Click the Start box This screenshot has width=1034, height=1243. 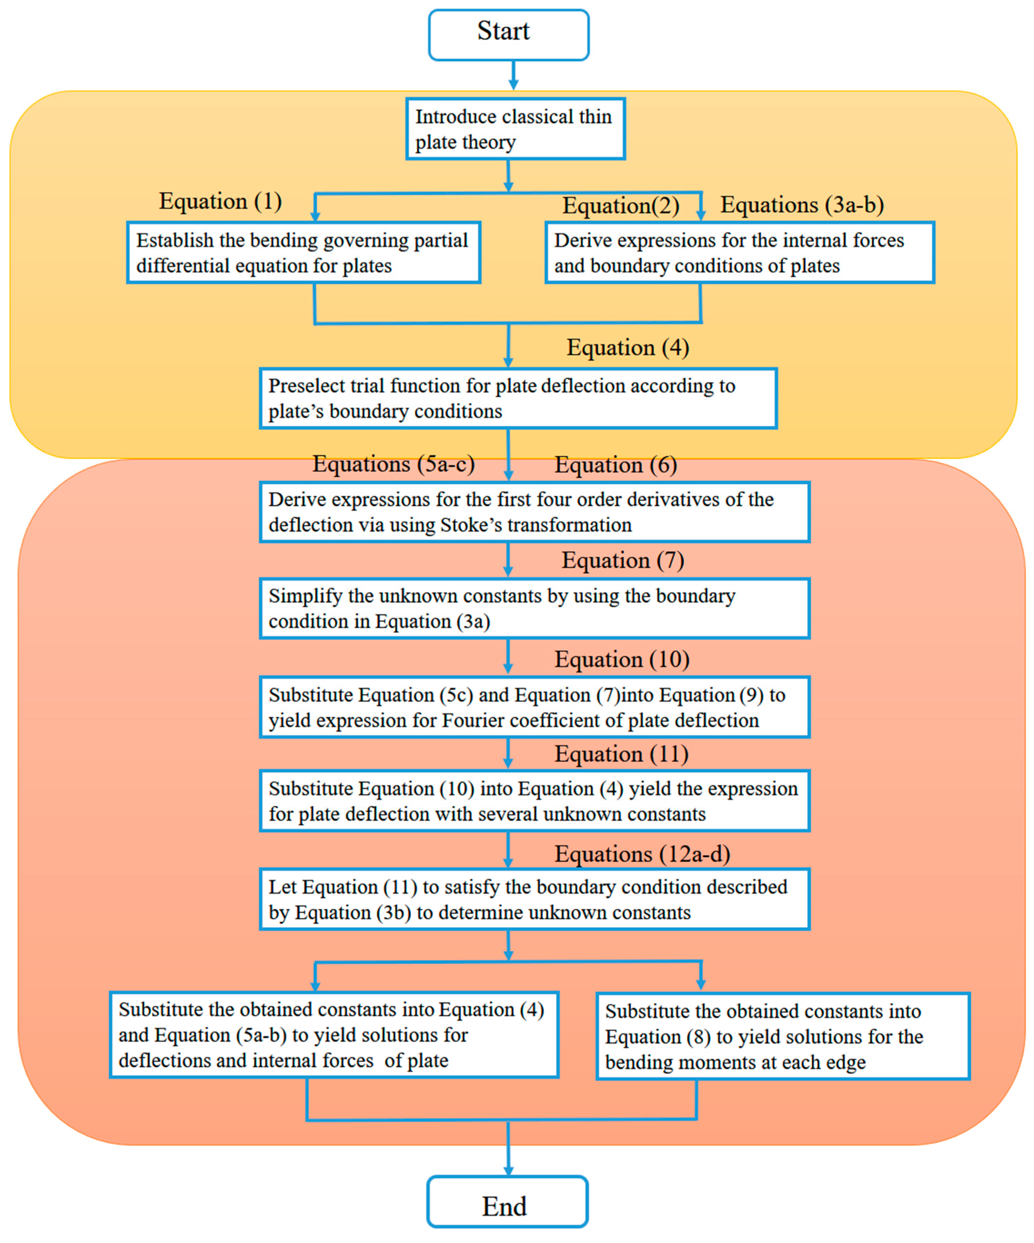(508, 34)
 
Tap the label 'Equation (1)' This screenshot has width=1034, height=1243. (220, 201)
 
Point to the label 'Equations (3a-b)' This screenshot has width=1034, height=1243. (802, 205)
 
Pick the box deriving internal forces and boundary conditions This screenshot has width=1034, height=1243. (739, 253)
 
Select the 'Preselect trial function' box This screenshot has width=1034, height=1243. (518, 398)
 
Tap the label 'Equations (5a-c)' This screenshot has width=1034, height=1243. (393, 464)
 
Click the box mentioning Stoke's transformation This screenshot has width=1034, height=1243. (535, 512)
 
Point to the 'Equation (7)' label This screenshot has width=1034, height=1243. (623, 560)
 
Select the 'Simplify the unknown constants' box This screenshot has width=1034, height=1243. (535, 608)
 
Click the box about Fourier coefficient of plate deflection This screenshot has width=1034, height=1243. (535, 707)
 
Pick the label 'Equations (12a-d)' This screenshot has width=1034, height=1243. (642, 854)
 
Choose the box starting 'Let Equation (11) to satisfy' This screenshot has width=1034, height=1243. (535, 900)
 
